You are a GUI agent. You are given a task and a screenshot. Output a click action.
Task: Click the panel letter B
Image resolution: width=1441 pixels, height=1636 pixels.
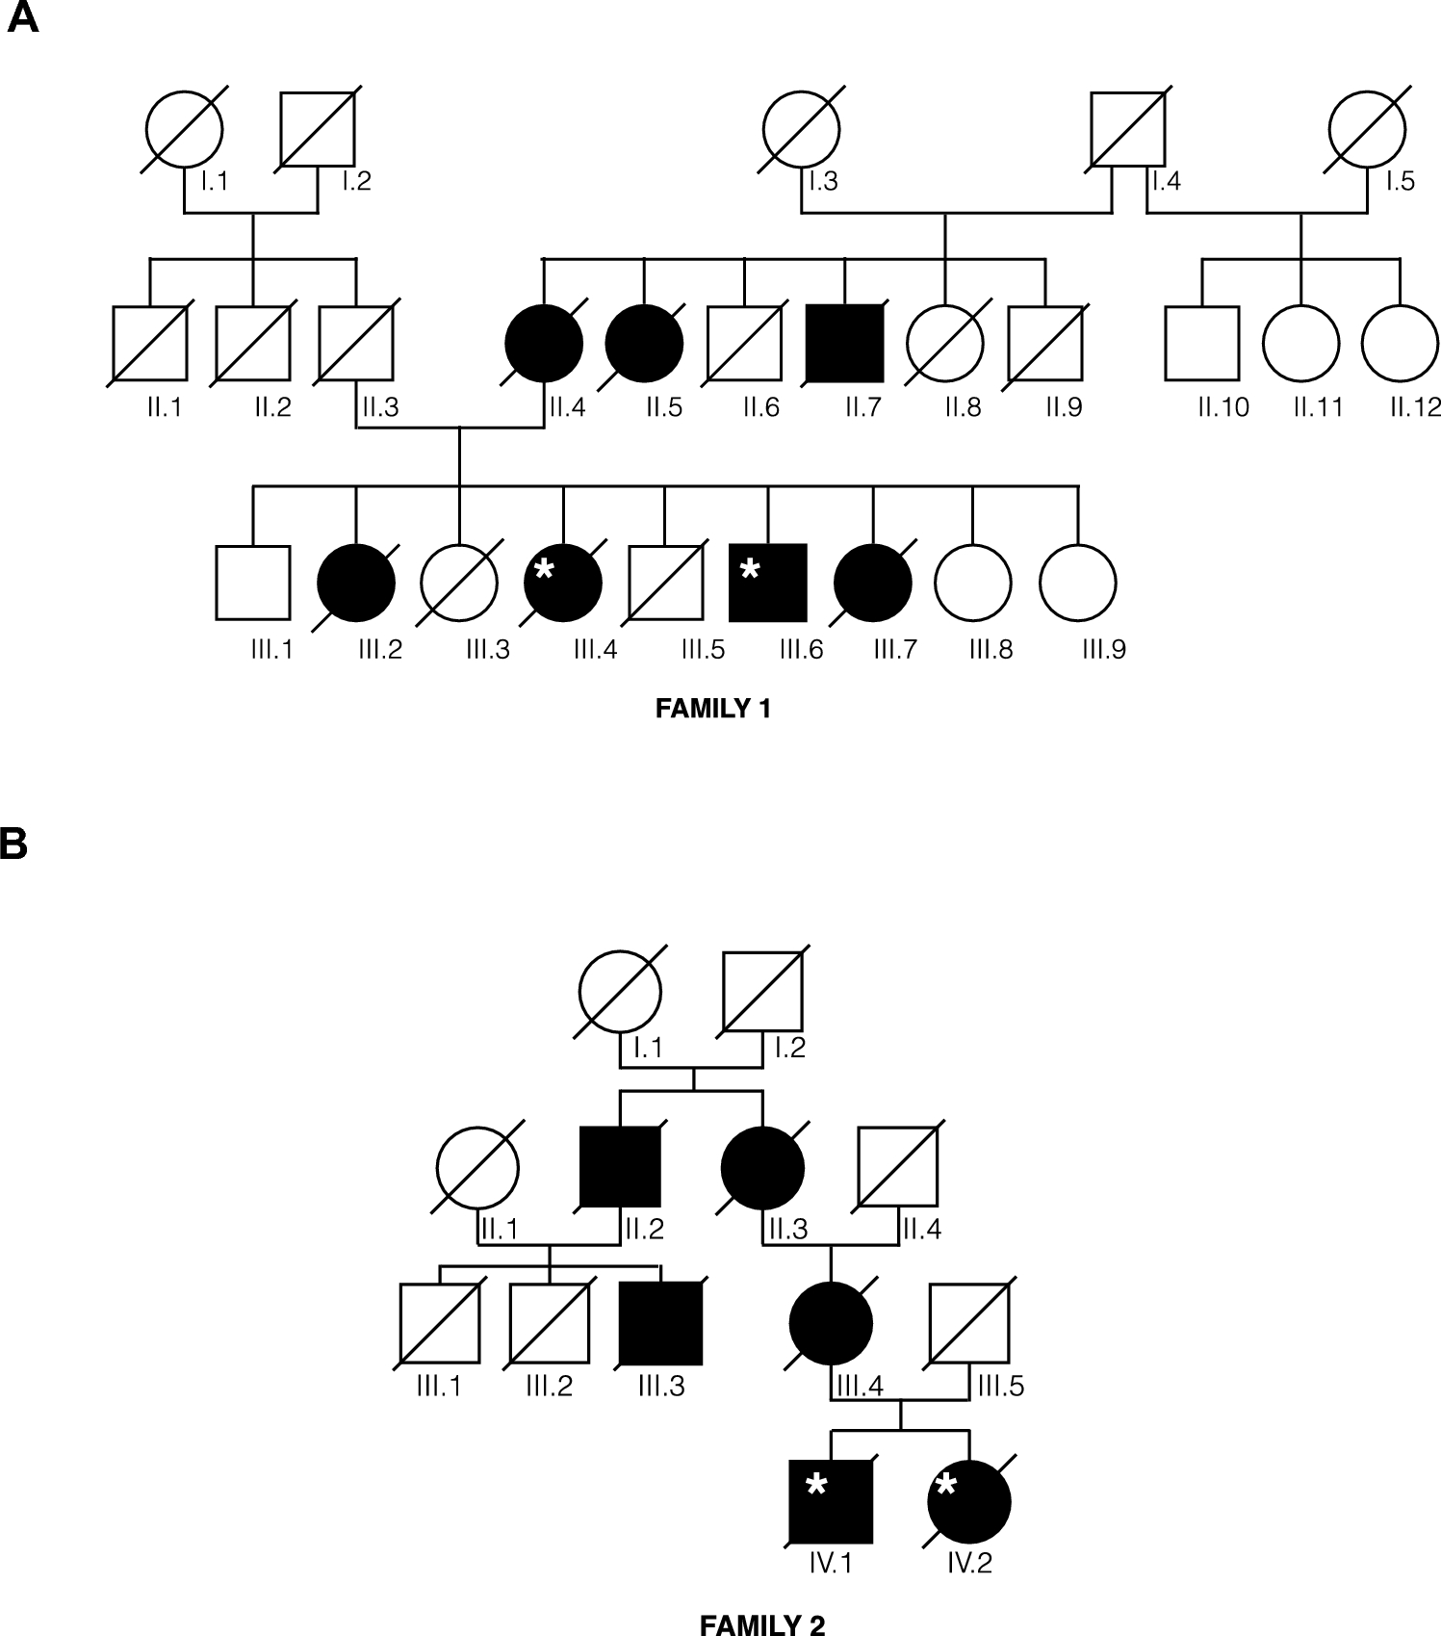(13, 844)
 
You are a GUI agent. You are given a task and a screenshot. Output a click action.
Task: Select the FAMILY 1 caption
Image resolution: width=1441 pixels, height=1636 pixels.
(713, 710)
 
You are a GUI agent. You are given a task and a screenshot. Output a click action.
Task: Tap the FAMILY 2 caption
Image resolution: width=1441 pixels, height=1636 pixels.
(761, 1626)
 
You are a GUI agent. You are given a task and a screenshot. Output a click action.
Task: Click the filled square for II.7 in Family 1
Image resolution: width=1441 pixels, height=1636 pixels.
(844, 343)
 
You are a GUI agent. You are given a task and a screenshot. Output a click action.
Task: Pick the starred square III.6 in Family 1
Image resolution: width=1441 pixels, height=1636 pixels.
(767, 583)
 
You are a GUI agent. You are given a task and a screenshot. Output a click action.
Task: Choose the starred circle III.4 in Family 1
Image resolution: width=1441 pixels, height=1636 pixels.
(563, 583)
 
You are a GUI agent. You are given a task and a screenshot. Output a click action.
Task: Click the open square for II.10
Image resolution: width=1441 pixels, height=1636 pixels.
(1201, 343)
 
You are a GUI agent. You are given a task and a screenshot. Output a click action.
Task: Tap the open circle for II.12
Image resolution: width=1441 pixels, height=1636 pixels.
(1400, 343)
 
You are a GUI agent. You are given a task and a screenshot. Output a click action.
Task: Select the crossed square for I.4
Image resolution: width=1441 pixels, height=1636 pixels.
(1127, 129)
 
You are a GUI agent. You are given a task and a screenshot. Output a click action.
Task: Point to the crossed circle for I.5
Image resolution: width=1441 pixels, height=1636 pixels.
(1367, 129)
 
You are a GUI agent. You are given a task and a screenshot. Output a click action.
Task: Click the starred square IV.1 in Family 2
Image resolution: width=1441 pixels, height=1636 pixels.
(831, 1500)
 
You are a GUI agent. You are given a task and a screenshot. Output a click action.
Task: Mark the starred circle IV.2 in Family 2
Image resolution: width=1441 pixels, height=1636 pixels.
(969, 1500)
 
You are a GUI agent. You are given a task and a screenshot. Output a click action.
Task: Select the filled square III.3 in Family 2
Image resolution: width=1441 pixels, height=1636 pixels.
(660, 1323)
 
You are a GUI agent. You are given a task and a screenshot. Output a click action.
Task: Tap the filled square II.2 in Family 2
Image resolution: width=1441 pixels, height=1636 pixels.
(620, 1166)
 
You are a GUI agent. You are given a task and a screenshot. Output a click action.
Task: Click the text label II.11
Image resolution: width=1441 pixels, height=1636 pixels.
(1318, 407)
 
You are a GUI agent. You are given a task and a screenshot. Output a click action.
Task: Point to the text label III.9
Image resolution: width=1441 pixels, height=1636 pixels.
(1103, 649)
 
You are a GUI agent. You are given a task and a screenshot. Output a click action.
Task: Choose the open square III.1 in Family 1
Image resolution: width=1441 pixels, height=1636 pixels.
(252, 583)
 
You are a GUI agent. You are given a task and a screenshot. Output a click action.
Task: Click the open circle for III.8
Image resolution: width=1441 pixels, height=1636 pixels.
(973, 583)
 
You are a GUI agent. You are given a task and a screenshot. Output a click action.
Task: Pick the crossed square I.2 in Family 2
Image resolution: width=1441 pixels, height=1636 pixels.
(762, 992)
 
